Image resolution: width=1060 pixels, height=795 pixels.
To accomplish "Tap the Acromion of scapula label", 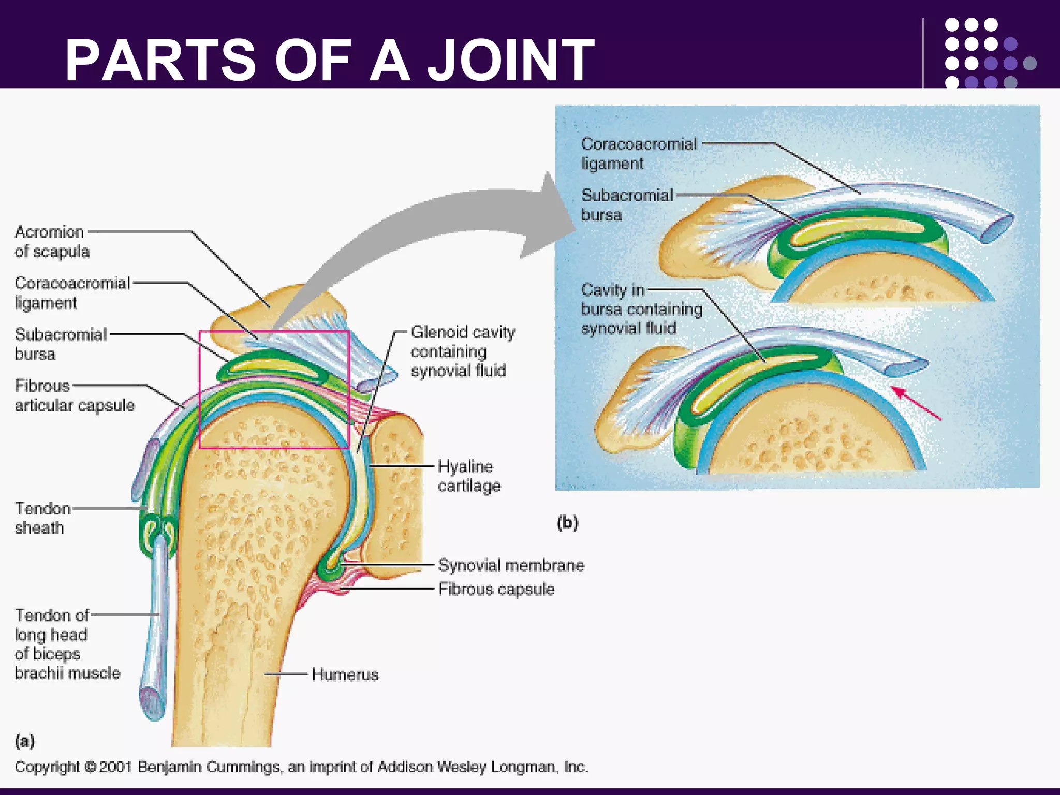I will (x=52, y=242).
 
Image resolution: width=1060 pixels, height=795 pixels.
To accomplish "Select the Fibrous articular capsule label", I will (x=74, y=395).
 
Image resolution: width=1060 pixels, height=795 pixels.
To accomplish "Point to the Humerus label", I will (x=345, y=674).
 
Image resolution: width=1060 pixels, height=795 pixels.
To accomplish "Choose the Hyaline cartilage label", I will (x=468, y=476).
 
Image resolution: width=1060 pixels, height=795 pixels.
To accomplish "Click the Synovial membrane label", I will (x=510, y=565).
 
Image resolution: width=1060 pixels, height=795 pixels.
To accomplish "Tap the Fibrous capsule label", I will (x=496, y=589).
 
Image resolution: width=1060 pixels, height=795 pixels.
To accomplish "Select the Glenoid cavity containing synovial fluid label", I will (x=462, y=351).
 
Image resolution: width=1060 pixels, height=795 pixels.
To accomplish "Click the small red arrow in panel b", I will (x=916, y=403).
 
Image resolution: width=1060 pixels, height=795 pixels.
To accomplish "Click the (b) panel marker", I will (x=567, y=522).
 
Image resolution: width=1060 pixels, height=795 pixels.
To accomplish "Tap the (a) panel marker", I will (x=24, y=741).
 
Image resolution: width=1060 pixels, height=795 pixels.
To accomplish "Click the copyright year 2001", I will (x=115, y=767).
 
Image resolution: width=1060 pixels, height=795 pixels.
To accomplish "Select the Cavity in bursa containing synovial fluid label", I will (x=641, y=309).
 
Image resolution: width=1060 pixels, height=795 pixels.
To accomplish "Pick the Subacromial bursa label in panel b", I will (x=626, y=205).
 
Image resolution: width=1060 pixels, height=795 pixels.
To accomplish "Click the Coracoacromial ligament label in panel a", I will (x=71, y=293).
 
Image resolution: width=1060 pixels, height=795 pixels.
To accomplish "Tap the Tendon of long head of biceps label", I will (x=66, y=644).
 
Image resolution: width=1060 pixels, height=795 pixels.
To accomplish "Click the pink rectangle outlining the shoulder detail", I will (x=200, y=388).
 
